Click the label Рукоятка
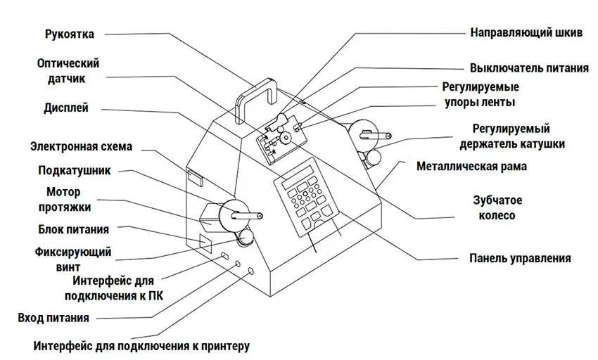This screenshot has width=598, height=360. click(x=70, y=33)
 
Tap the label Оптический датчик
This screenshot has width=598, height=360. click(x=68, y=70)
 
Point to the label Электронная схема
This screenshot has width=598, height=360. click(x=81, y=147)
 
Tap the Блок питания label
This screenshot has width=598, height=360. click(x=72, y=229)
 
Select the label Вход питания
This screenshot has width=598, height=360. click(x=53, y=318)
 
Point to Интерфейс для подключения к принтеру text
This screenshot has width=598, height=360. click(x=141, y=346)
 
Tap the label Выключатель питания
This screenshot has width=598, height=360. click(x=529, y=68)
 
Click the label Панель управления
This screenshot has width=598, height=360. click(x=520, y=258)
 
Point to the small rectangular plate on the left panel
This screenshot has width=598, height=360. click(x=194, y=176)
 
